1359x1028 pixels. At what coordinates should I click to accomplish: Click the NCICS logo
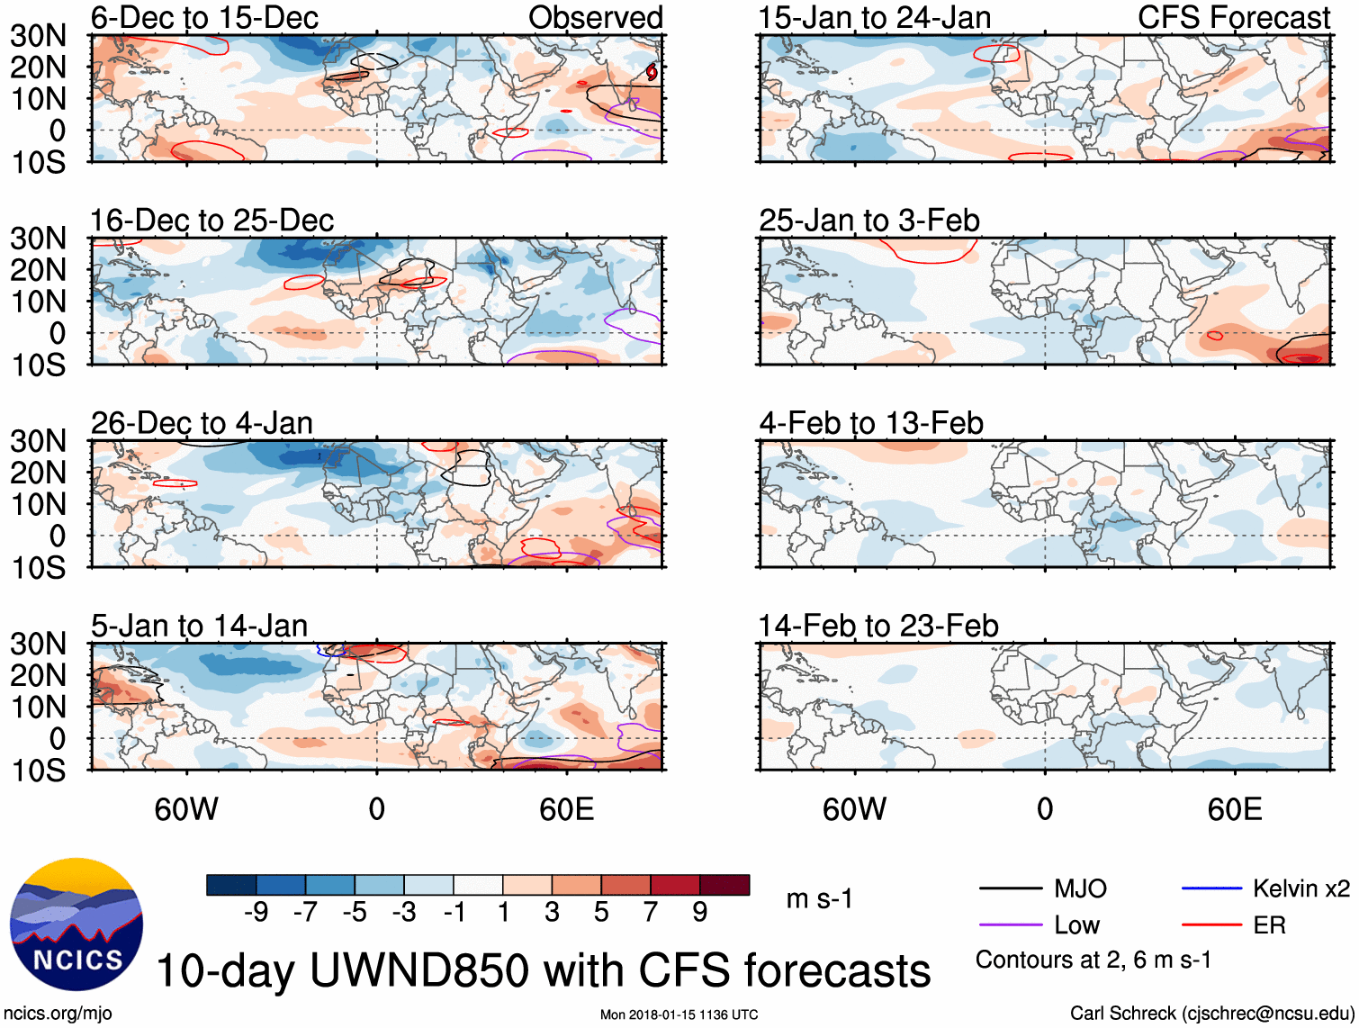pos(76,924)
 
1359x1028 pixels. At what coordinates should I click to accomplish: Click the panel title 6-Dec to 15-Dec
pos(204,18)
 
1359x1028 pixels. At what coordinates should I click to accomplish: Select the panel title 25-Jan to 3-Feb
pos(868,221)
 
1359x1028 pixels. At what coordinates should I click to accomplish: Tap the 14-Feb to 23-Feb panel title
pos(877,626)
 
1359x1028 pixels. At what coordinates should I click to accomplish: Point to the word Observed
pos(595,18)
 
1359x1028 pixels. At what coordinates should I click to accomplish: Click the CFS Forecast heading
pos(1233,18)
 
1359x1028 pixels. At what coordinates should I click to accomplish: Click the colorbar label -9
pos(256,913)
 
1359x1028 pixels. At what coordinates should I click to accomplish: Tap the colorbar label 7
pos(651,913)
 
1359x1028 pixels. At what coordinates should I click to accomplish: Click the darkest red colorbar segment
pos(724,885)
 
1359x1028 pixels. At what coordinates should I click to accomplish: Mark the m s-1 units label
pos(819,899)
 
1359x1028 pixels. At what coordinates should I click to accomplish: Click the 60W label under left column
pos(186,809)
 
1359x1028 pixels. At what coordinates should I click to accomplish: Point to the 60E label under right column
pos(1234,809)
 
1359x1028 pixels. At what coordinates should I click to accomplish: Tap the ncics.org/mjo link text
pos(58,1014)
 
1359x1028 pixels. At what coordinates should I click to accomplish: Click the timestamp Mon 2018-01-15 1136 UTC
pos(679,1015)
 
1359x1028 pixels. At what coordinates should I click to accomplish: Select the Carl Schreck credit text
pos(1211,1014)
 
